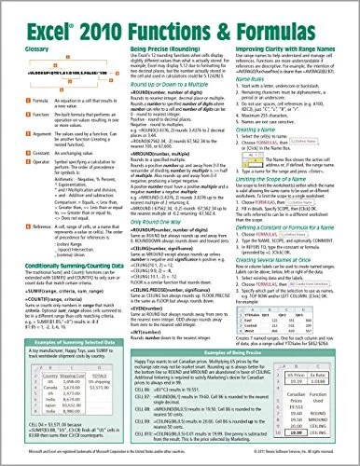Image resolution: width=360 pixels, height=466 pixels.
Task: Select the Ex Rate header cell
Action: coord(326,350)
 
